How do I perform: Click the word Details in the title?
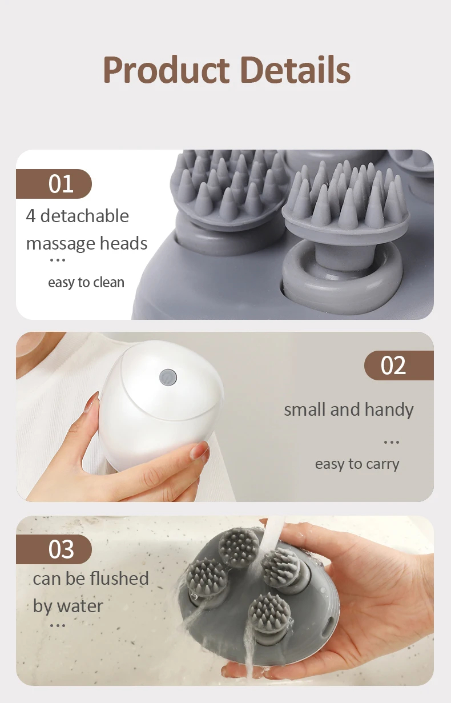pyautogui.click(x=295, y=70)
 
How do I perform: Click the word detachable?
pyautogui.click(x=84, y=216)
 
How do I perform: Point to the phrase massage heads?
pyautogui.click(x=87, y=244)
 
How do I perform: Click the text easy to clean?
pyautogui.click(x=86, y=282)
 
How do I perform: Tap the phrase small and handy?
pyautogui.click(x=348, y=409)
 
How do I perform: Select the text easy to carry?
pyautogui.click(x=357, y=464)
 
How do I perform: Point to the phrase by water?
pyautogui.click(x=68, y=606)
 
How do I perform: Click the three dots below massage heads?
pyautogui.click(x=58, y=260)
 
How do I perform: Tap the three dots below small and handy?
pyautogui.click(x=392, y=442)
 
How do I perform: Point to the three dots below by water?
pyautogui.click(x=58, y=625)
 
